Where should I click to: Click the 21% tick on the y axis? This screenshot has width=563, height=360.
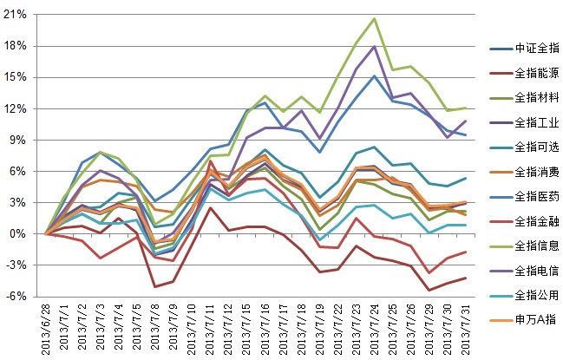[x=15, y=15]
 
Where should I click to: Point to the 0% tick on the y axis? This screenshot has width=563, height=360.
[x=18, y=233]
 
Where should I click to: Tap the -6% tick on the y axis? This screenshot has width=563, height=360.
[x=16, y=296]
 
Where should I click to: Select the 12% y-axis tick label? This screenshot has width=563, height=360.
[x=15, y=108]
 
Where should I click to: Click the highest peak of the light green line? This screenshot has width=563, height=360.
[x=374, y=19]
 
